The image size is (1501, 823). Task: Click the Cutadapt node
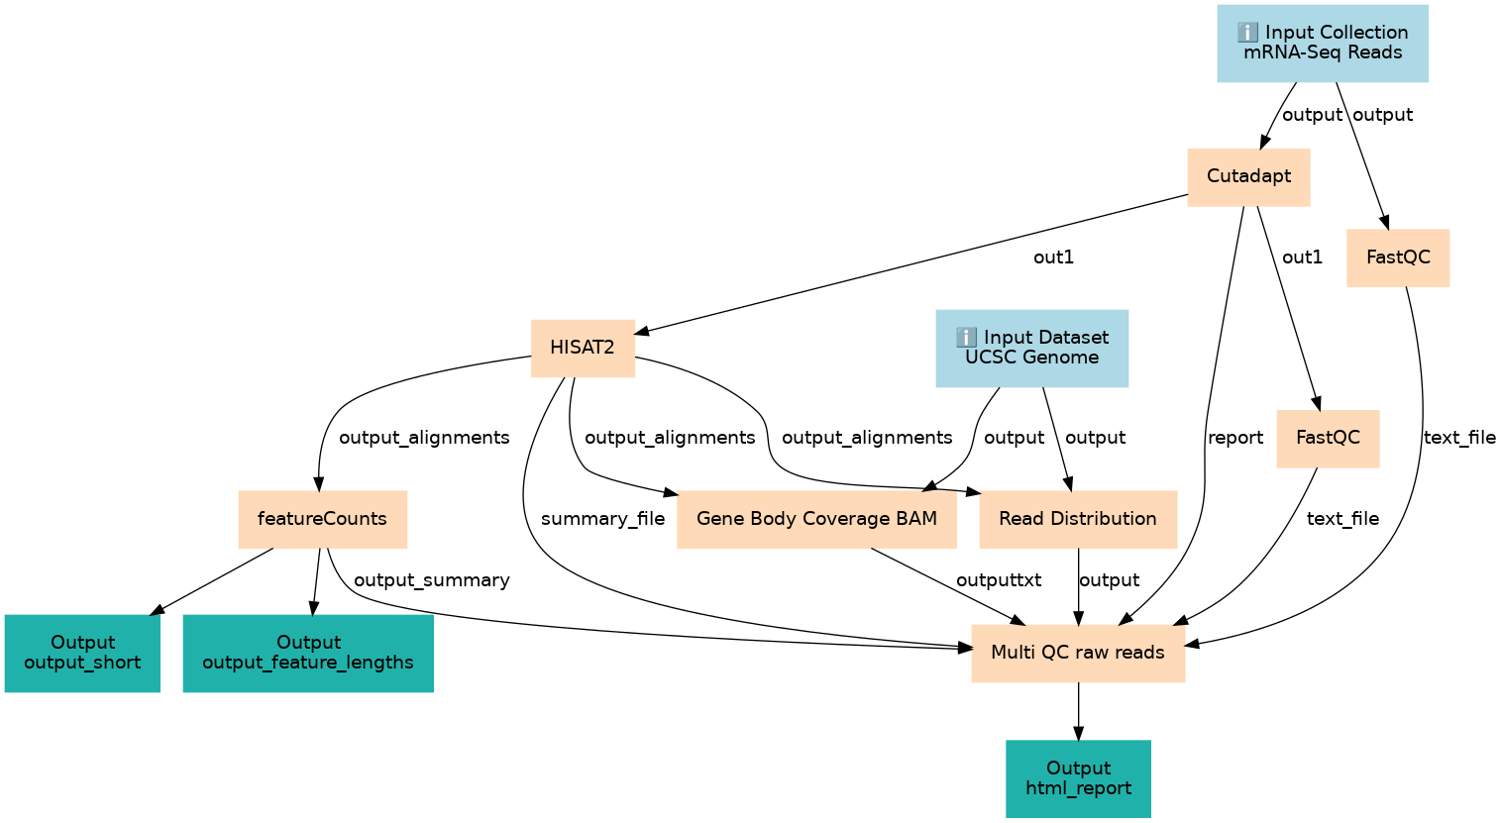(1248, 177)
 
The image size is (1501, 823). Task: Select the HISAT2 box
(583, 349)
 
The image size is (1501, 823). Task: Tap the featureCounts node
(322, 519)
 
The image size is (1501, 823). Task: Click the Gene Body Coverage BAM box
(816, 519)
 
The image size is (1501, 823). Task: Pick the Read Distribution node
(1078, 519)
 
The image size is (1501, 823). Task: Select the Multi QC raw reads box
(1078, 653)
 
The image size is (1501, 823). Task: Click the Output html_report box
(1078, 778)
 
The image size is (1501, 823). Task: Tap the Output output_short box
(82, 653)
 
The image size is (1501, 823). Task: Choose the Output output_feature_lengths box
(308, 653)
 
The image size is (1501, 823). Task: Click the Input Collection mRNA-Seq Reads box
(1322, 44)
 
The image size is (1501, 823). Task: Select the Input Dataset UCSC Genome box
(1032, 349)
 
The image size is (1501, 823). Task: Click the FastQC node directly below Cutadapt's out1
(1328, 439)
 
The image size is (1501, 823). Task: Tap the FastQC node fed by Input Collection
(1398, 257)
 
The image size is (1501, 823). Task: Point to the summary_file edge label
(602, 519)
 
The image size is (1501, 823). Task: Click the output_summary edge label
(432, 580)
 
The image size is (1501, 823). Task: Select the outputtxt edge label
(999, 580)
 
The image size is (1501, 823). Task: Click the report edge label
(1234, 438)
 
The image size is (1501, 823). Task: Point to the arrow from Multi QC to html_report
(1078, 711)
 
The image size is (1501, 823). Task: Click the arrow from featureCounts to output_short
(212, 581)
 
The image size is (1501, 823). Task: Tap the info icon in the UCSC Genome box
(966, 337)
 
